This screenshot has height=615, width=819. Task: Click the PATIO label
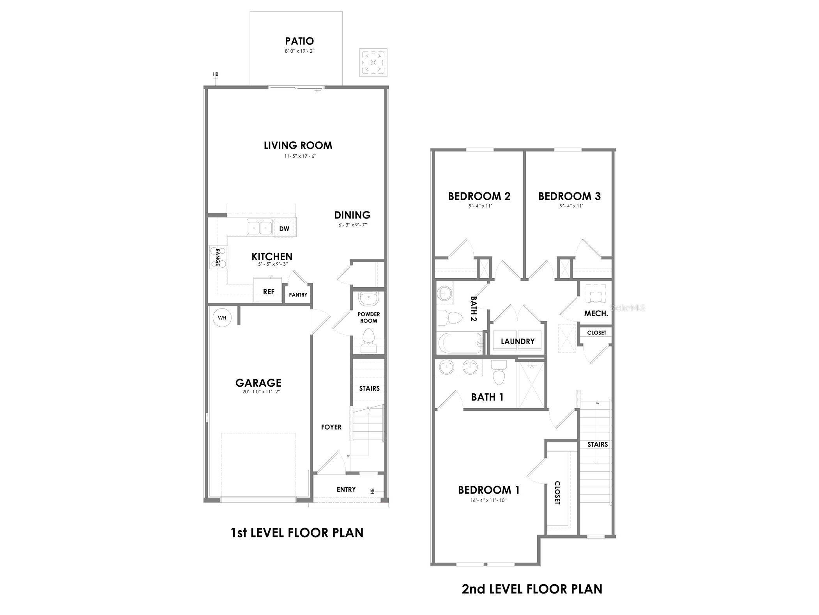(x=299, y=41)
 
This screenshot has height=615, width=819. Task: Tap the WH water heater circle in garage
(x=222, y=317)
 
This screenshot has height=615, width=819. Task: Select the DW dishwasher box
(x=284, y=229)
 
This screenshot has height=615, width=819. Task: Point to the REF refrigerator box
(x=268, y=291)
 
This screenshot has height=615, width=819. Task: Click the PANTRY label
(x=298, y=295)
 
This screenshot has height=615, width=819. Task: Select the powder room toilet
(x=368, y=339)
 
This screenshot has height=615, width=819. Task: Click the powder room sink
(x=368, y=299)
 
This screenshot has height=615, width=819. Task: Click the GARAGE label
(x=258, y=383)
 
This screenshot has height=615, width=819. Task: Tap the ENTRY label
(x=346, y=489)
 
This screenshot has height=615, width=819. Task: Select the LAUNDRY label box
(x=517, y=341)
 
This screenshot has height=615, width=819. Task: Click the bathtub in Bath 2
(x=460, y=343)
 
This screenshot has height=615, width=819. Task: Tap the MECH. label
(x=596, y=313)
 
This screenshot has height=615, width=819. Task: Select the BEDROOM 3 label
(x=569, y=196)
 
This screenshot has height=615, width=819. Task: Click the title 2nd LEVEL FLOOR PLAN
(x=532, y=589)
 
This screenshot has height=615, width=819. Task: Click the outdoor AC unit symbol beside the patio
(x=373, y=62)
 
